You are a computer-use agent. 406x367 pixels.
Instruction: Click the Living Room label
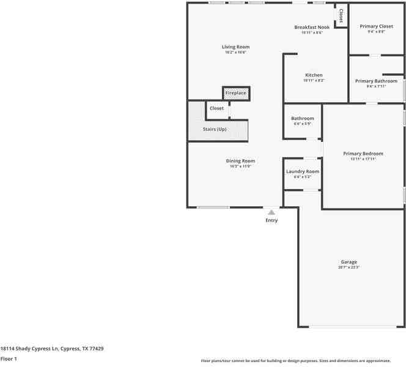235,47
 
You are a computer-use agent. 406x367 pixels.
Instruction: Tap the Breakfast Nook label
311,28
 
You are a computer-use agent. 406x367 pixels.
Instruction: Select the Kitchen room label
314,75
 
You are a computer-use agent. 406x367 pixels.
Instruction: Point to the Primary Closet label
376,26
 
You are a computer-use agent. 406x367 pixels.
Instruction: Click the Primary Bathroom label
376,81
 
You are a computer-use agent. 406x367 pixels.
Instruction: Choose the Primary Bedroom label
363,154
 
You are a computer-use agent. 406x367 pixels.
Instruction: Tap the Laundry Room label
303,171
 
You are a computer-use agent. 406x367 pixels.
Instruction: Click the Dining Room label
240,161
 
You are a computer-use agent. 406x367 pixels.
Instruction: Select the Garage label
349,262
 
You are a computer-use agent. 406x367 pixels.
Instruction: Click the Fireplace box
235,93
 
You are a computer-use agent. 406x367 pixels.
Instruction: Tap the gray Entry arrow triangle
271,212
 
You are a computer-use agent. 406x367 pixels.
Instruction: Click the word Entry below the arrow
271,220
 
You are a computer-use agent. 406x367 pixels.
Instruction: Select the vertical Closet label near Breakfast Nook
341,16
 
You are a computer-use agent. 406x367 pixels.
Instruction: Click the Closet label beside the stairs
216,108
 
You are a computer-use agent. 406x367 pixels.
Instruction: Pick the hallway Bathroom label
302,118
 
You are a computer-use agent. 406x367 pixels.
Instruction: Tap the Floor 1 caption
9,359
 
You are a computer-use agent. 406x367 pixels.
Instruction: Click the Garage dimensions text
349,267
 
